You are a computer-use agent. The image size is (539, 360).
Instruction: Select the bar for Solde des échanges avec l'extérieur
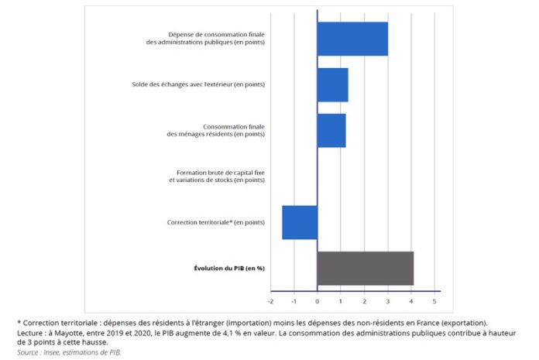pos(332,84)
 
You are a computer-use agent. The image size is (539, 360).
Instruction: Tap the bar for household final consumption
pos(331,130)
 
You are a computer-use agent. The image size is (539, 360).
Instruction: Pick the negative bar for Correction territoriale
pos(300,222)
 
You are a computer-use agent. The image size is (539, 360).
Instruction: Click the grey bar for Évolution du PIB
pos(365,268)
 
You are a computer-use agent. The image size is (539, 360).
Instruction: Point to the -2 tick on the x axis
pos(270,300)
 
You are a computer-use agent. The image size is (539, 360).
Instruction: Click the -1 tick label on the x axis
pos(294,300)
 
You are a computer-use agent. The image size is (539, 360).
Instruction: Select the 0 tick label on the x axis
pos(318,300)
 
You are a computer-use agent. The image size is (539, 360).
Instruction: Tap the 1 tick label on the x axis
pos(341,300)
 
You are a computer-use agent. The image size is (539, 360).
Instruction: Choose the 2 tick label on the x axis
pos(364,300)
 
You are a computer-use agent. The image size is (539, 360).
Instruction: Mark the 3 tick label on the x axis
pos(388,300)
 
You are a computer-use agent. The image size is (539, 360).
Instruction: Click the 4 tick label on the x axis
pos(411,300)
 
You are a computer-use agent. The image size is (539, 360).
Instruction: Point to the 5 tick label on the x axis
pos(434,300)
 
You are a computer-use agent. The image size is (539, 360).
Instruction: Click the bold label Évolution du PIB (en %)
pos(229,268)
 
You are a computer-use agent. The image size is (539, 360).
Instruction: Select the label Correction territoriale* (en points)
pos(216,222)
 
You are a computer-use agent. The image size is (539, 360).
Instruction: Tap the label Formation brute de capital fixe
pos(217,172)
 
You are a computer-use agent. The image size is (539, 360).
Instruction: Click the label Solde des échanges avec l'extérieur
pos(198,84)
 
